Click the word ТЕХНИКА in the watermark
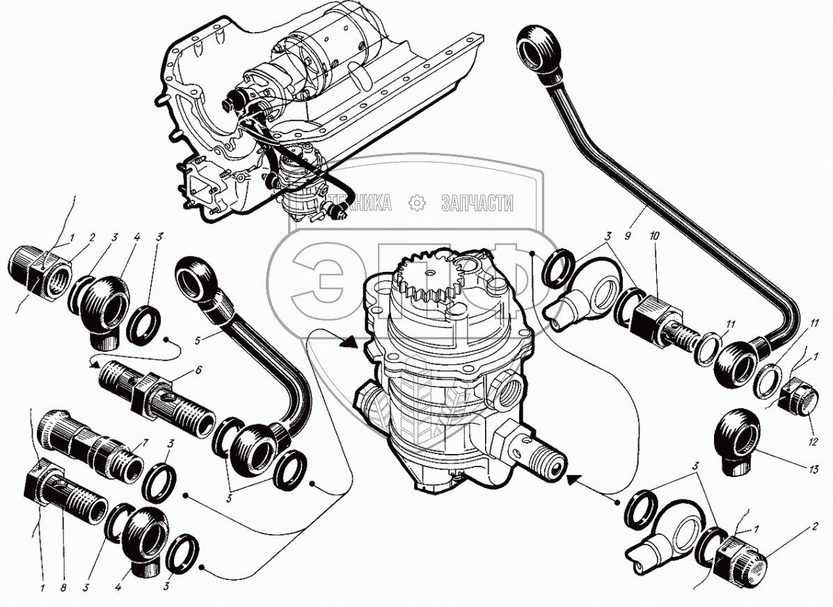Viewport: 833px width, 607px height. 360,203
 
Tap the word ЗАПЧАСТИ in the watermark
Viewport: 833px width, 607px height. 478,203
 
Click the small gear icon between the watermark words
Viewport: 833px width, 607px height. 418,203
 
